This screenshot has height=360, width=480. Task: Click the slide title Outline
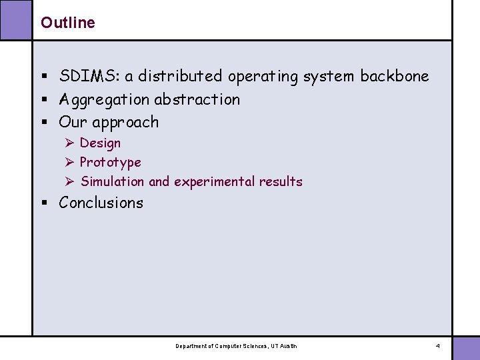coord(67,23)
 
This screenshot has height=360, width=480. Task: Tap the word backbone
coord(395,76)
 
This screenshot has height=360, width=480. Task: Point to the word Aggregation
coord(104,99)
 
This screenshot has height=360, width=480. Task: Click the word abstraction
coord(197,99)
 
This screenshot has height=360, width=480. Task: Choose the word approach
coord(125,123)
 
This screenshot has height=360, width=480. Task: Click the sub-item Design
coord(100,143)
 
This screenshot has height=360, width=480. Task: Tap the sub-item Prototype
coord(110,162)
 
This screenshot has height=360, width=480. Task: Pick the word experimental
coord(215,181)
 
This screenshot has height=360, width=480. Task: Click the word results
coord(281,181)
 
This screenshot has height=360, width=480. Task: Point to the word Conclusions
coord(101,203)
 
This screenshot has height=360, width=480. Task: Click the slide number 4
coord(437,346)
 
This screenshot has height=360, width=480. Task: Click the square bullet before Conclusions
coord(44,203)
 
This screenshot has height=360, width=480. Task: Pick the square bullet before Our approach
coord(44,123)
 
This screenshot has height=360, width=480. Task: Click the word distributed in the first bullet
coord(180,76)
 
